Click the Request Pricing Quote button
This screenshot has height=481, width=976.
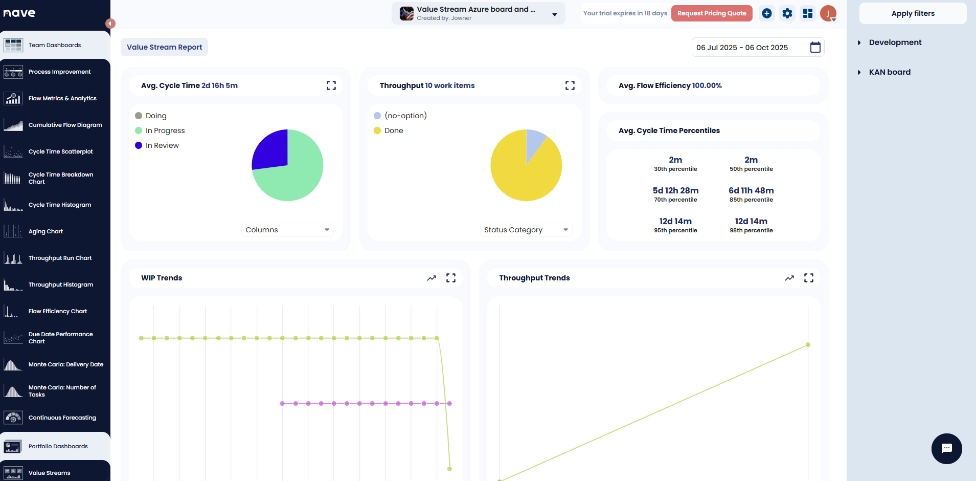[711, 13]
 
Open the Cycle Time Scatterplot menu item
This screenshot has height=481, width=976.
[60, 151]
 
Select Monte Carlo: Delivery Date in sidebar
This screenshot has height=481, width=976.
[65, 364]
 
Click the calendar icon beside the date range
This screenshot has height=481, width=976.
[815, 48]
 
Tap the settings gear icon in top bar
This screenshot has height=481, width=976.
[787, 13]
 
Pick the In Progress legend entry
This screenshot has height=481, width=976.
[165, 130]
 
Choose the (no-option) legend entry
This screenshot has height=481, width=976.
[405, 116]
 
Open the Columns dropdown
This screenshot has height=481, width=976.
[287, 230]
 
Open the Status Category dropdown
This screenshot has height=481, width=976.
[526, 230]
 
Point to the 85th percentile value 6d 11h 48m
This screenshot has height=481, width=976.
[751, 190]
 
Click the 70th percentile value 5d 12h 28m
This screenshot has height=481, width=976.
[675, 190]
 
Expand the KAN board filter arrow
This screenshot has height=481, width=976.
[859, 72]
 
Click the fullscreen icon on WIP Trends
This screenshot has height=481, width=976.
[451, 278]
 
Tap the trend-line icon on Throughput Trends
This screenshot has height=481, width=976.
[789, 278]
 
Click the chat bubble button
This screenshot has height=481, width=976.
[946, 449]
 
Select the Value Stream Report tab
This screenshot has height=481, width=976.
[164, 47]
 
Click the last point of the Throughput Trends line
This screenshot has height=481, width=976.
[808, 344]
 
